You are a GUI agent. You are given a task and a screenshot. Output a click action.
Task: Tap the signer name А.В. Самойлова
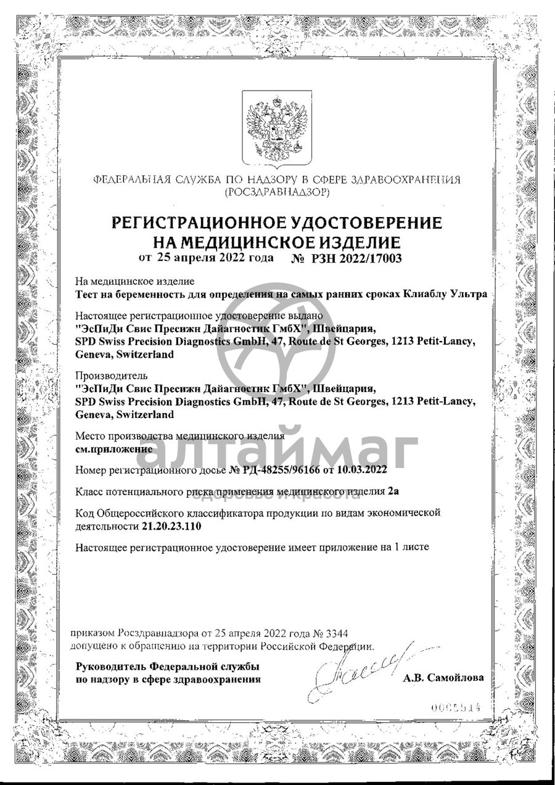pyautogui.click(x=443, y=678)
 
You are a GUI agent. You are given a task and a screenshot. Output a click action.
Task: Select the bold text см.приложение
pyautogui.click(x=113, y=449)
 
